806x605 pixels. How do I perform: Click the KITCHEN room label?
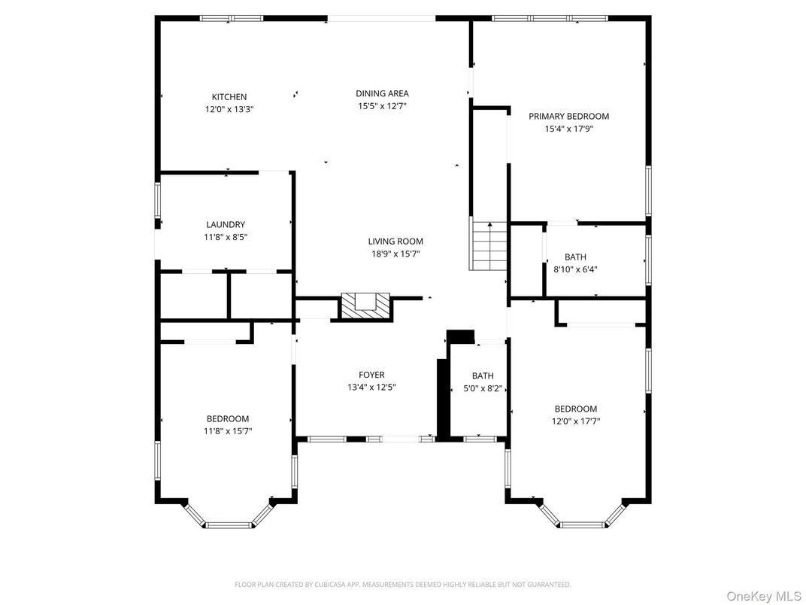pyautogui.click(x=229, y=97)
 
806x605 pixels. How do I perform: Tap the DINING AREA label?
pyautogui.click(x=382, y=94)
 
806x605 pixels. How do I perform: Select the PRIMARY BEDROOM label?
pyautogui.click(x=568, y=117)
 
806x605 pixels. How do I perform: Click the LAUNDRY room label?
pyautogui.click(x=226, y=224)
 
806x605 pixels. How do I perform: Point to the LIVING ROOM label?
pyautogui.click(x=395, y=242)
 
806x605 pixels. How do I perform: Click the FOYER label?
pyautogui.click(x=371, y=375)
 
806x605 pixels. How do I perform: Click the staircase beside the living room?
pyautogui.click(x=489, y=246)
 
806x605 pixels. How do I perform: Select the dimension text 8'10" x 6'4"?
pyautogui.click(x=575, y=269)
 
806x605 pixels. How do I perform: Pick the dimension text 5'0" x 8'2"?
pyautogui.click(x=483, y=388)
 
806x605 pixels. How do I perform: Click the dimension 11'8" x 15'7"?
pyautogui.click(x=228, y=431)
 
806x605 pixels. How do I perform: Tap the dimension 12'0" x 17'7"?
pyautogui.click(x=575, y=421)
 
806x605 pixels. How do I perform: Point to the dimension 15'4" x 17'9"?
pyautogui.click(x=568, y=129)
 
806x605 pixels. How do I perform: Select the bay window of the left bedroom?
pyautogui.click(x=229, y=519)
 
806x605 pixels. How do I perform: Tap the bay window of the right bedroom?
pyautogui.click(x=583, y=519)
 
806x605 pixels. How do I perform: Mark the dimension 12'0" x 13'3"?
pyautogui.click(x=229, y=109)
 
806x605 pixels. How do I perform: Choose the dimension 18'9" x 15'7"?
pyautogui.click(x=395, y=254)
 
